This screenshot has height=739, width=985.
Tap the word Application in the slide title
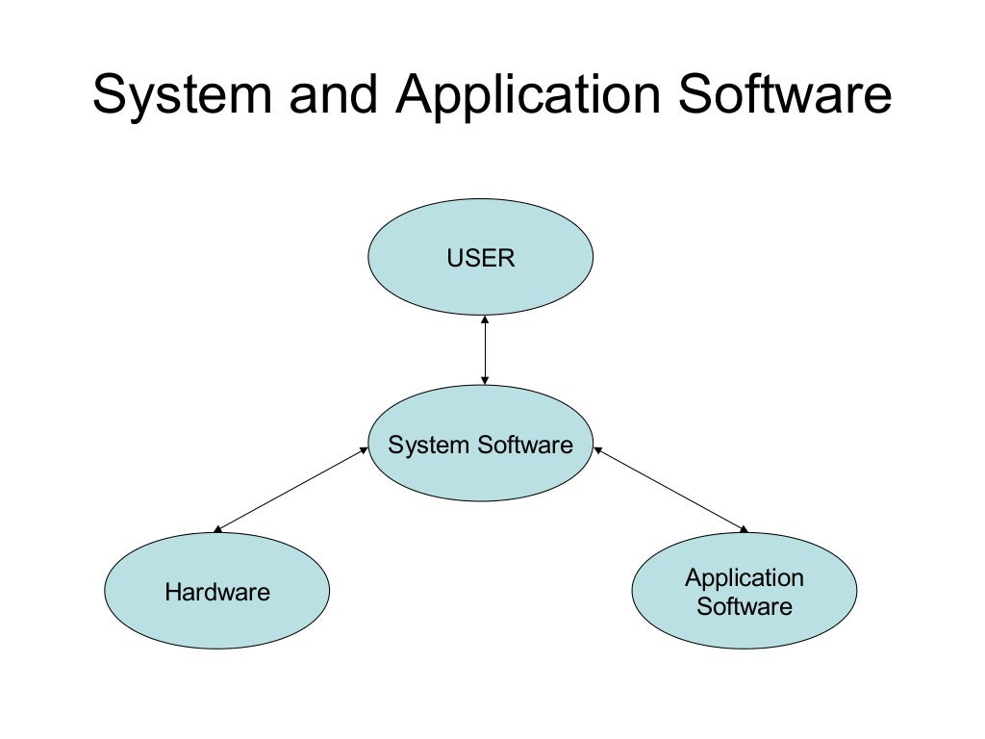click(x=526, y=97)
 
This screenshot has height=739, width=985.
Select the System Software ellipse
click(x=481, y=471)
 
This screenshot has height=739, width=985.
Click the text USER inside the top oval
click(x=481, y=258)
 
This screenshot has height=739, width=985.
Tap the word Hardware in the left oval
click(x=217, y=592)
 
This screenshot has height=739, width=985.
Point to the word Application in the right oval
click(x=744, y=578)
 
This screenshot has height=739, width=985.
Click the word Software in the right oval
click(x=745, y=606)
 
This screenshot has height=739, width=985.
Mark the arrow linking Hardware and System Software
click(x=291, y=489)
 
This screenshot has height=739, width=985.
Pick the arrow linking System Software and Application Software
click(x=670, y=489)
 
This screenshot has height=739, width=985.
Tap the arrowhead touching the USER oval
click(x=485, y=319)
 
